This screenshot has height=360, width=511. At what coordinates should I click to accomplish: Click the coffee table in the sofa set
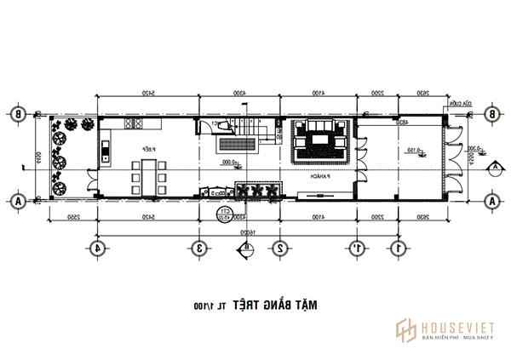click(319, 138)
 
